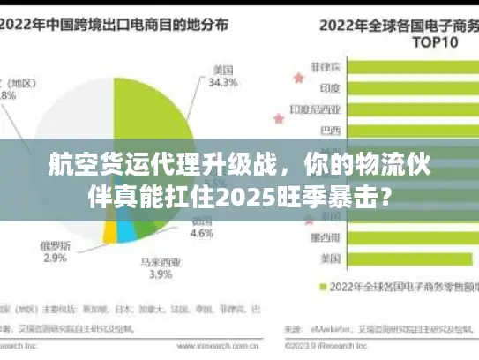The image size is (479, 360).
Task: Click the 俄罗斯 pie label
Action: tap(54, 244)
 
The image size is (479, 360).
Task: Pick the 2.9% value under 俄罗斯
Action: tap(54, 258)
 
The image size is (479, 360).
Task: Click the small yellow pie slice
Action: tap(109, 231)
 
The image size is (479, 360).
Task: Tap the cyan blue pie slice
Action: tap(127, 231)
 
